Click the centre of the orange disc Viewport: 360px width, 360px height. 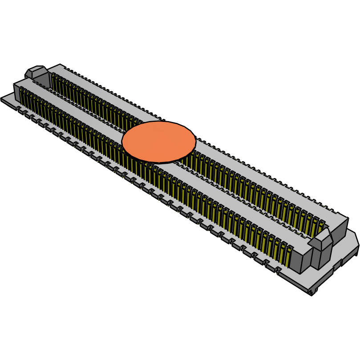click(159, 142)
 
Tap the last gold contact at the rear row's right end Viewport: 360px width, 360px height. click(320, 225)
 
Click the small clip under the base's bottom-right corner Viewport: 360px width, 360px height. click(312, 292)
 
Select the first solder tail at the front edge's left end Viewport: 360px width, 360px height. click(19, 108)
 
